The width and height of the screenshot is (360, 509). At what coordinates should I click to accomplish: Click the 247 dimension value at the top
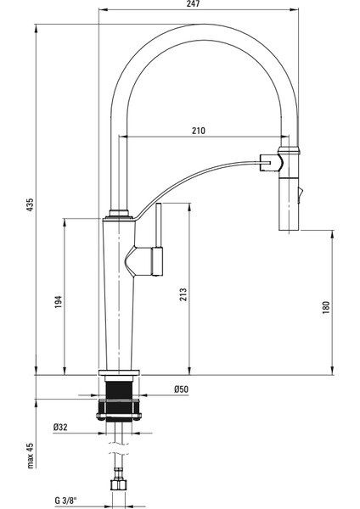194,3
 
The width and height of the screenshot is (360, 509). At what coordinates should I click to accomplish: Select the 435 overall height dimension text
30,204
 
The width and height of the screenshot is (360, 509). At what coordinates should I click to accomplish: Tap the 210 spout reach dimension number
199,131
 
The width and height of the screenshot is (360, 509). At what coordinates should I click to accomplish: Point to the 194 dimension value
59,302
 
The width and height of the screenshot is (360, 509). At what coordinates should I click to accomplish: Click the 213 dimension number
183,294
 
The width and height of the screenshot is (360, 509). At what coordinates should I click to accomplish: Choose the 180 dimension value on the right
326,307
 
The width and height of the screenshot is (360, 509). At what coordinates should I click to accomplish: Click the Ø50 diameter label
182,389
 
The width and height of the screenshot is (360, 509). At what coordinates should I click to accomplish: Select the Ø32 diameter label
60,428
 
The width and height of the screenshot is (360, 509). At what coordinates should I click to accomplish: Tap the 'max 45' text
31,456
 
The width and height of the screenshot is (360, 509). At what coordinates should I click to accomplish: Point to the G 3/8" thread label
66,501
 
